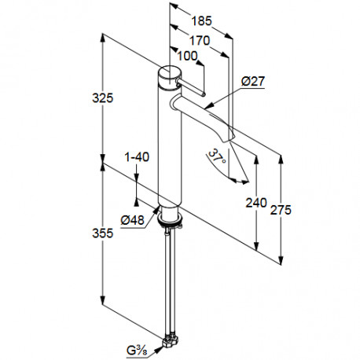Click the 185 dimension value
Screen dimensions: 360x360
click(201, 21)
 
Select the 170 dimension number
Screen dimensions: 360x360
click(200, 41)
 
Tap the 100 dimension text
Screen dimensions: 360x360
click(187, 56)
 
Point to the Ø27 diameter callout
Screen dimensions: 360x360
click(253, 81)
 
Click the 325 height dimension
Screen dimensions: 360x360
click(103, 98)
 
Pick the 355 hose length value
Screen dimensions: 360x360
click(103, 233)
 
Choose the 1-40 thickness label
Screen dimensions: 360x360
click(137, 157)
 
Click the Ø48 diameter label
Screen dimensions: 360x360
click(132, 220)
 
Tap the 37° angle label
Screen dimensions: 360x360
click(217, 156)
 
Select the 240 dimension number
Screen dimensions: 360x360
click(256, 203)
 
